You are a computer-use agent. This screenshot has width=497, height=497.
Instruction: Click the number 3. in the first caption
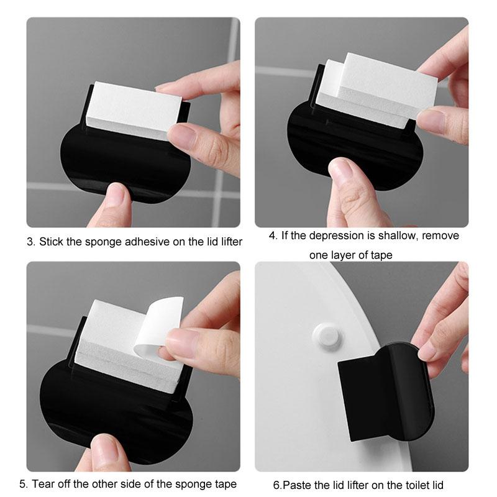pos(31,242)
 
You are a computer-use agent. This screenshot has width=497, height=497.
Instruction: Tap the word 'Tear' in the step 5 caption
pos(43,483)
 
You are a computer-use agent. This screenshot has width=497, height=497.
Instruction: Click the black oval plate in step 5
pos(93,404)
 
